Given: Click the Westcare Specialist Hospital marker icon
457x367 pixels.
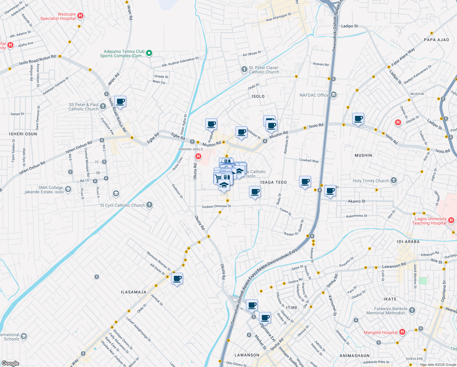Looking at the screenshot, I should click(x=80, y=16).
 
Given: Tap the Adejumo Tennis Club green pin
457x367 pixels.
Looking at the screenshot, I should click(x=149, y=54).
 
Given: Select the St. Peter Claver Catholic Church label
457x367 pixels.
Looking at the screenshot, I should click(x=264, y=70).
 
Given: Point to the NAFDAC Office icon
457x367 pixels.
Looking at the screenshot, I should click(x=334, y=95).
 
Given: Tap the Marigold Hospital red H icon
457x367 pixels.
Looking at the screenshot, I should click(x=402, y=332).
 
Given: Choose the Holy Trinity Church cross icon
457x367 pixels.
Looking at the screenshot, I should click(x=394, y=180).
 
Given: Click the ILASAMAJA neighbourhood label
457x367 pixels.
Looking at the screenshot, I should click(x=133, y=292).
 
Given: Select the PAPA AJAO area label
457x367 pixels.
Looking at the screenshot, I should click(x=436, y=40).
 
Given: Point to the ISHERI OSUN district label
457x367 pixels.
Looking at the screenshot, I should click(x=23, y=134).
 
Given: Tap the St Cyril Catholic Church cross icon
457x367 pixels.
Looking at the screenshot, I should click(x=149, y=205).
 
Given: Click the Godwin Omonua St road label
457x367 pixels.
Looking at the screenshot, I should click(x=216, y=206).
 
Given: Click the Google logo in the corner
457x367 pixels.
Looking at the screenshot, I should click(x=10, y=363).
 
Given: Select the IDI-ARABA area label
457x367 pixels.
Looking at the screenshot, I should click(x=408, y=242).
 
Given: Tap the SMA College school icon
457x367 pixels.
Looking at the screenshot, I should click(x=68, y=189).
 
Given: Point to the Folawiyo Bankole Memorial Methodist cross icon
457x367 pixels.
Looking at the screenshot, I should click(x=412, y=310).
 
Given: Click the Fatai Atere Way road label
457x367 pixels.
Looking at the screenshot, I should click(x=403, y=57).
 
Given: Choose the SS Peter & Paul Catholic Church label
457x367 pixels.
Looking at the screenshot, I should click(x=83, y=107).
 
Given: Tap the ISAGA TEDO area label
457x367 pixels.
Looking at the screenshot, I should click(x=273, y=182).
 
